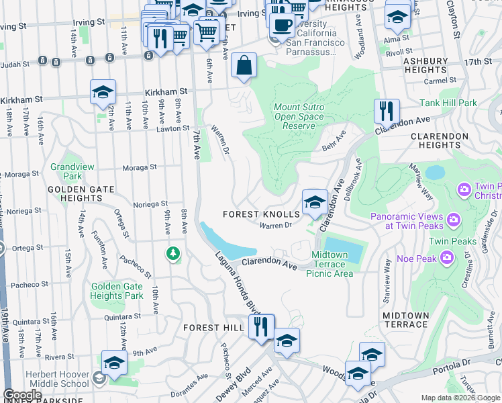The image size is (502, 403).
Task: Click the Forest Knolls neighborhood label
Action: point(261,214)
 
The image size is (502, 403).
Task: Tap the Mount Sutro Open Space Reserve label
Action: point(299,116)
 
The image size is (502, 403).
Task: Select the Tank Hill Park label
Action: point(448,103)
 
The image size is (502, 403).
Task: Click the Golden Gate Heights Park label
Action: point(117,291)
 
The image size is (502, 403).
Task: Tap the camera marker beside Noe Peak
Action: point(446,258)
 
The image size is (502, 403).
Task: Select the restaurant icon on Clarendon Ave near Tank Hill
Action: point(387,110)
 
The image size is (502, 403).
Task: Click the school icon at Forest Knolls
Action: point(314,201)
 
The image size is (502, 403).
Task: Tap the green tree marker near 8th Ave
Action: point(174,253)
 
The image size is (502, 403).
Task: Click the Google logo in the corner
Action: point(22,395)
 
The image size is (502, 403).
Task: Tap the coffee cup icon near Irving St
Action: point(283,26)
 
